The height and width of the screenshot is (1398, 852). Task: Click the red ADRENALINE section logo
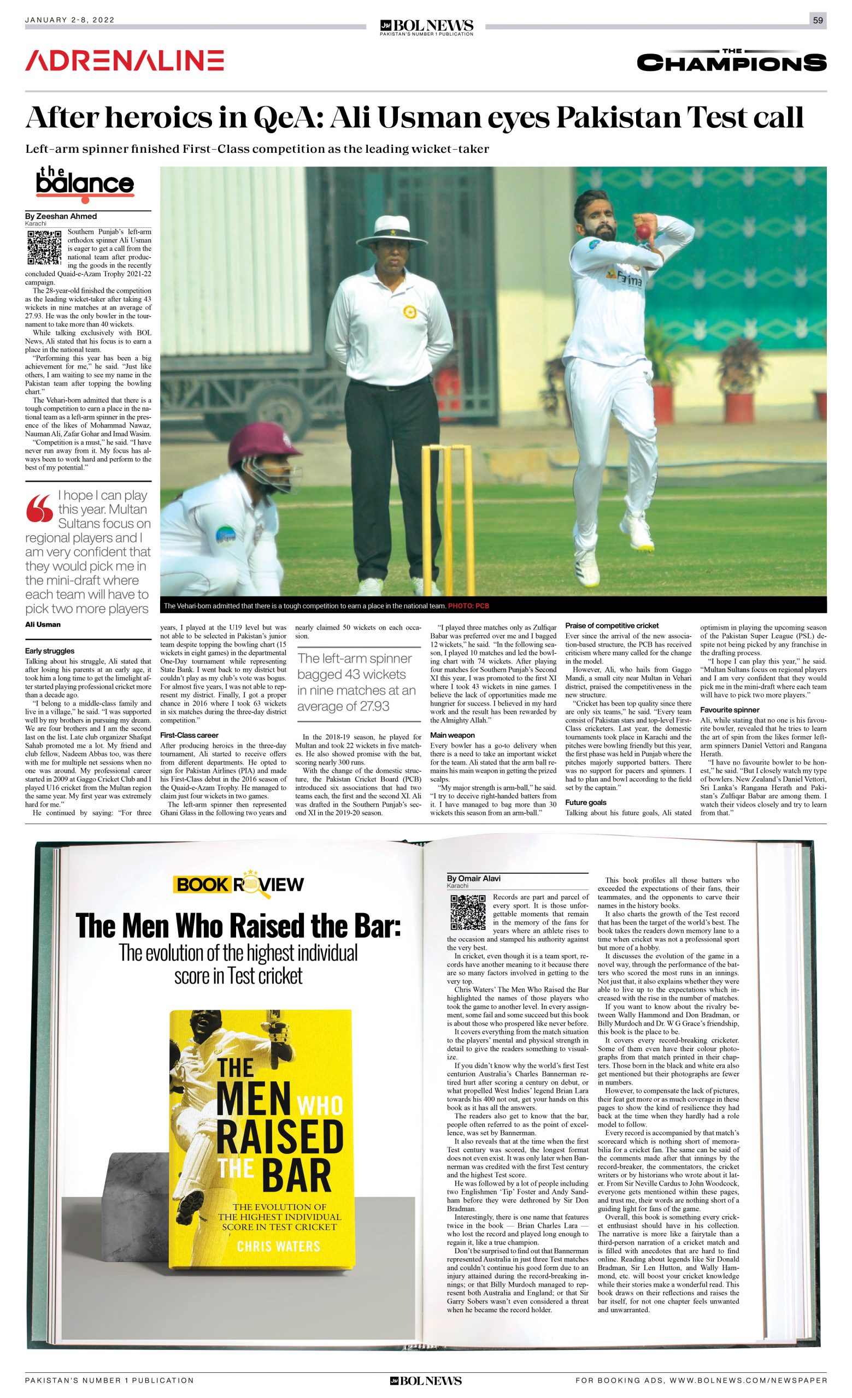click(x=124, y=61)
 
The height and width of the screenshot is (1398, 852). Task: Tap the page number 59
click(x=818, y=20)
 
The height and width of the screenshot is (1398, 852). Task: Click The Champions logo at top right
click(x=731, y=61)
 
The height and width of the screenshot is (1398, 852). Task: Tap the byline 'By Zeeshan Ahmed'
click(x=61, y=216)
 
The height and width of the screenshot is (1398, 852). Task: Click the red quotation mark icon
click(x=39, y=508)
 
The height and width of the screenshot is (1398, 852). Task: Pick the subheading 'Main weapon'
click(x=453, y=735)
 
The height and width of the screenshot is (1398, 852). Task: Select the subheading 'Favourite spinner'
click(x=730, y=710)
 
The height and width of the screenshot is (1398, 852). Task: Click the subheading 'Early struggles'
click(x=49, y=651)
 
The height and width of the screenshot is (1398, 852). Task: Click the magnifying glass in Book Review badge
click(x=249, y=885)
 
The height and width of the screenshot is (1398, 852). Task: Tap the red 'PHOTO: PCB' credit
click(x=468, y=606)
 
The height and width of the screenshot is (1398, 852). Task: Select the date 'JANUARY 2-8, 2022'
click(x=70, y=20)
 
